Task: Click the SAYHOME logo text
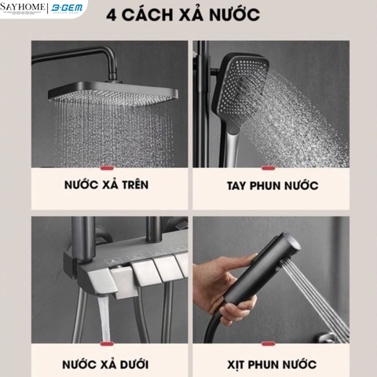tap(24, 7)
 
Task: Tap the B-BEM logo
tap(69, 8)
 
